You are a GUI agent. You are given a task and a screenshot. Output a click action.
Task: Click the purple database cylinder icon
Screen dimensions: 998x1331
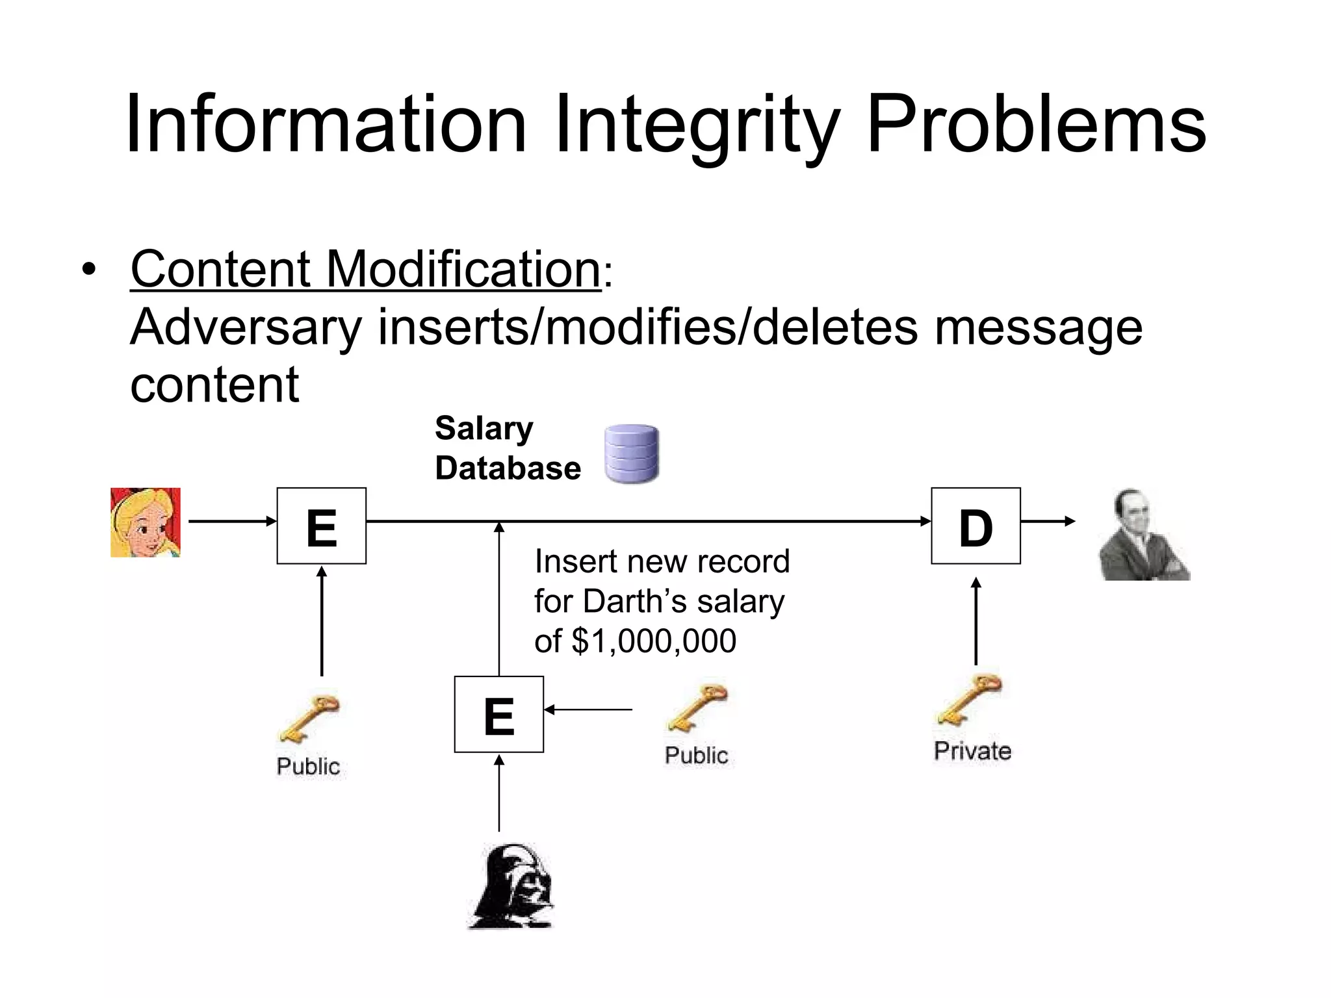click(632, 454)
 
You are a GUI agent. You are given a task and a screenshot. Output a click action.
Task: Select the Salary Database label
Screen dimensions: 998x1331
click(508, 448)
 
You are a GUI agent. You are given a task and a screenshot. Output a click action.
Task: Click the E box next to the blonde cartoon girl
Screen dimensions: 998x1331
click(321, 526)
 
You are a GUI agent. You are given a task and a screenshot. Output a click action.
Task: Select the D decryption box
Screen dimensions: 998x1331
click(976, 526)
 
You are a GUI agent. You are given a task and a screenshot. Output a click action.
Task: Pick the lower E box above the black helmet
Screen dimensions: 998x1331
click(498, 714)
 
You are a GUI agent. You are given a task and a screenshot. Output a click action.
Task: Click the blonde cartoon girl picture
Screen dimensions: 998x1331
click(146, 522)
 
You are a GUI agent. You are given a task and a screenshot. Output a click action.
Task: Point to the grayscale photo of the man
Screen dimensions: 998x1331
click(1143, 535)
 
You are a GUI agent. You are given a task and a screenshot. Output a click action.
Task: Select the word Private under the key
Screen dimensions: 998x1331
click(972, 751)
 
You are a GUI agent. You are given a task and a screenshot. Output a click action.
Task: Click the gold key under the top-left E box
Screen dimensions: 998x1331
click(309, 719)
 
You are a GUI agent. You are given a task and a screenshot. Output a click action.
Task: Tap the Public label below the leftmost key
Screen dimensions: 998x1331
click(308, 766)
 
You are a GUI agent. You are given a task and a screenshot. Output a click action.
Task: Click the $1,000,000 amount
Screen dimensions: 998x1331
click(654, 641)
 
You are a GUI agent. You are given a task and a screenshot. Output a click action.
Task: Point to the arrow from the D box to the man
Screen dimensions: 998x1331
click(1048, 521)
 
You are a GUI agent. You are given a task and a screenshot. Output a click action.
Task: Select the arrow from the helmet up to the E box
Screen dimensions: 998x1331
click(498, 793)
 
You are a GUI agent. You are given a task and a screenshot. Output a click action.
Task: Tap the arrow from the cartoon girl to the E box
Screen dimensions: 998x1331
click(232, 521)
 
